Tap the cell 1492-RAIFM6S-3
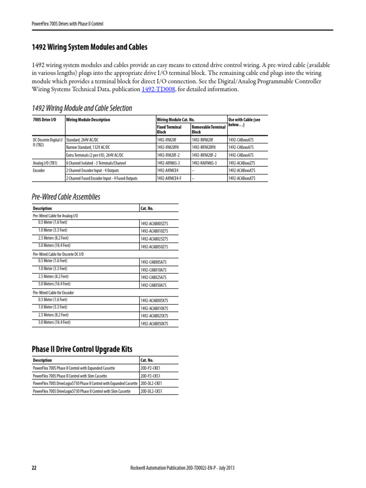pyautogui.click(x=205, y=163)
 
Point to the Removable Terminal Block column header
pyautogui.click(x=208, y=129)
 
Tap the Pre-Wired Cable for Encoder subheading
pyautogui.click(x=53, y=292)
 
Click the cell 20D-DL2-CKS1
pyautogui.click(x=152, y=391)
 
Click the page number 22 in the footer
pyautogui.click(x=34, y=468)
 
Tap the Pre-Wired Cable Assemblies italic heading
pyautogui.click(x=66, y=197)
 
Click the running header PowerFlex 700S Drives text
pyautogui.click(x=67, y=23)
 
